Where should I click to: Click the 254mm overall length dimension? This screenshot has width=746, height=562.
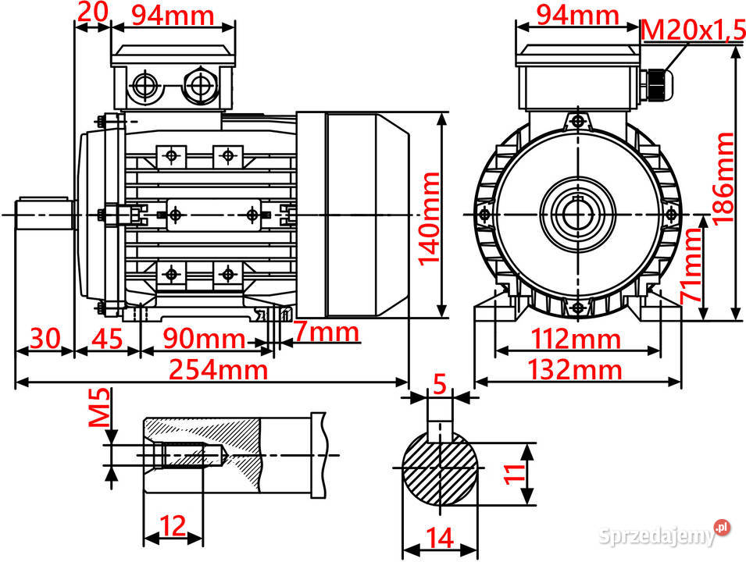point(217,368)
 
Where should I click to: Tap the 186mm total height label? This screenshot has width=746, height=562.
point(723,178)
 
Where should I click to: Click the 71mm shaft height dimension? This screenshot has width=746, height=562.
point(691,269)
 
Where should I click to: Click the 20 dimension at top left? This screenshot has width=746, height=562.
point(93,12)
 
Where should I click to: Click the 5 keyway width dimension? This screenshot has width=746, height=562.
point(440,383)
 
